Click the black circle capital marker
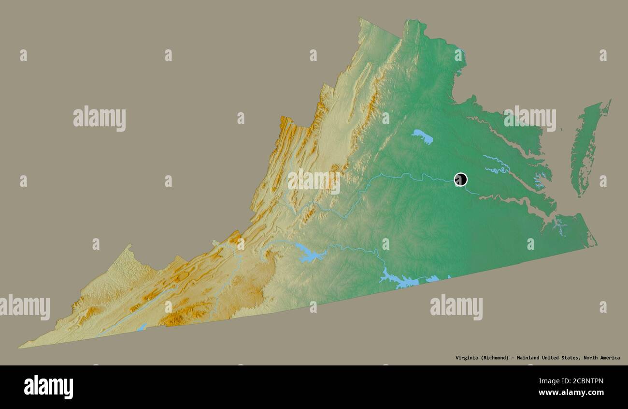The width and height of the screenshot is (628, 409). coord(460,180)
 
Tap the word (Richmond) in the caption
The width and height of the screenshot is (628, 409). coord(495,358)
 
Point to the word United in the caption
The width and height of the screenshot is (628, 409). coord(552,358)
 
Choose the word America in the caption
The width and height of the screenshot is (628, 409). coord(611,358)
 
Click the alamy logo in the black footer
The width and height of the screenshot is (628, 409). coord(48,387)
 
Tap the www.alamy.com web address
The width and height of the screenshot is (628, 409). coord(571,393)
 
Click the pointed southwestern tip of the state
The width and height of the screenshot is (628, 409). coord(20,347)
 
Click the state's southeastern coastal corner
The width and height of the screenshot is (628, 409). coord(595,244)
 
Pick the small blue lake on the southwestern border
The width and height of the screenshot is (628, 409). coord(141,328)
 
